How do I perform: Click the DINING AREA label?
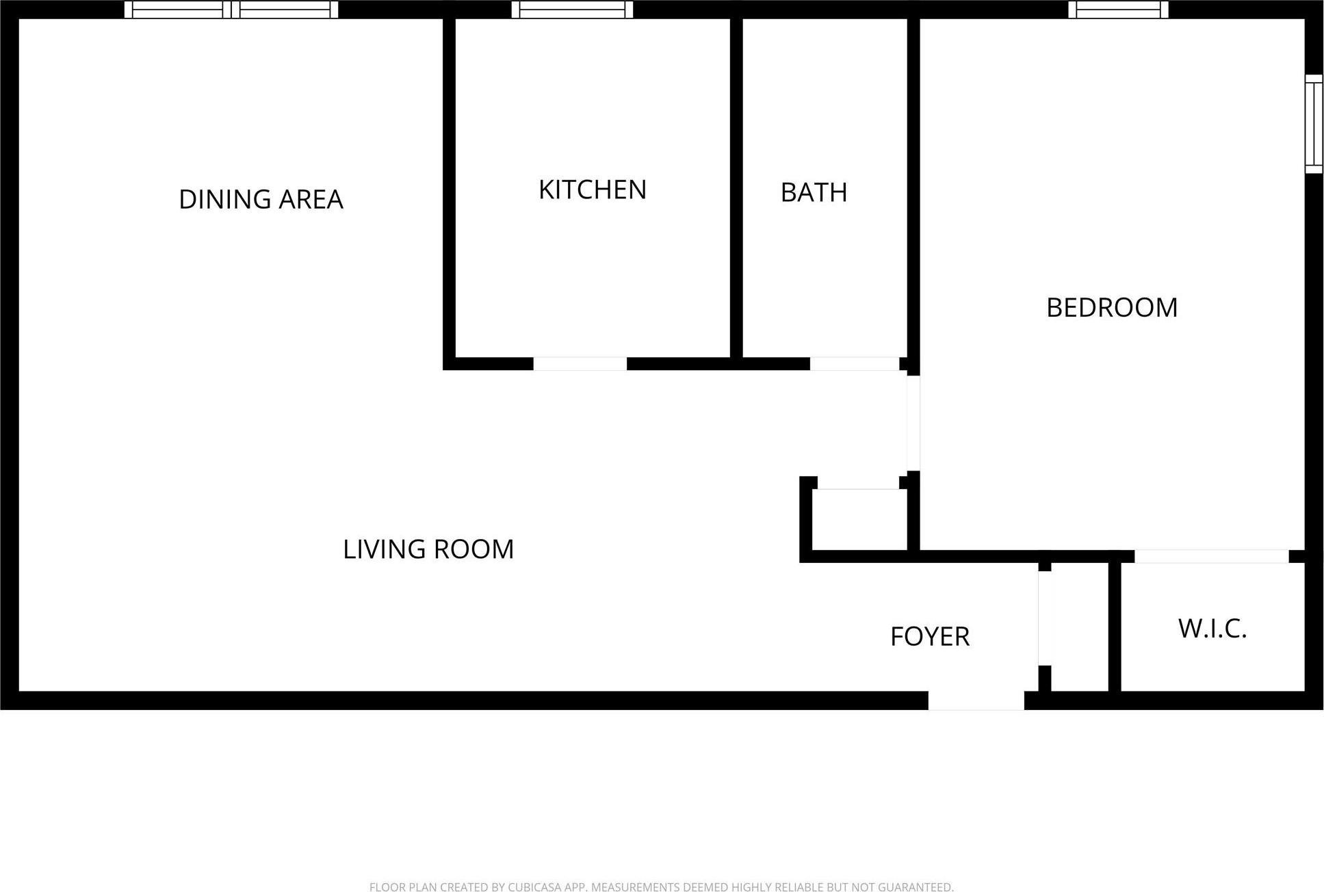[x=261, y=199]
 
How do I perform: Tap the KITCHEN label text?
[x=593, y=189]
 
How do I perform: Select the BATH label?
[x=814, y=192]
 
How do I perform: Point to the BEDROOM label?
[x=1112, y=307]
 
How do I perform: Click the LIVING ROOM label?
[x=428, y=549]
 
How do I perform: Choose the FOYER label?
[x=930, y=636]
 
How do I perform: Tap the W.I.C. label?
[x=1212, y=628]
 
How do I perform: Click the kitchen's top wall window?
[x=572, y=10]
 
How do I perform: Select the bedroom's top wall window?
[x=1118, y=10]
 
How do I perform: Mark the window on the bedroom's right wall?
[x=1313, y=124]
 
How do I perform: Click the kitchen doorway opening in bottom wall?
[x=580, y=364]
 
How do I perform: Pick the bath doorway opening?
[x=854, y=364]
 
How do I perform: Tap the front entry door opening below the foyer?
[x=976, y=700]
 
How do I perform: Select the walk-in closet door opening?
[x=1211, y=556]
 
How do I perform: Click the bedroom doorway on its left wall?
[x=913, y=423]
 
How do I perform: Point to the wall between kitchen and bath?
[x=736, y=188]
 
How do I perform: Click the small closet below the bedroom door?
[x=859, y=520]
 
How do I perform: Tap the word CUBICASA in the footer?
[x=535, y=887]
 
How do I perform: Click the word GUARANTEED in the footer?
[x=915, y=887]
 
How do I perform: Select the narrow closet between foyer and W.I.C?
[x=1079, y=626]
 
